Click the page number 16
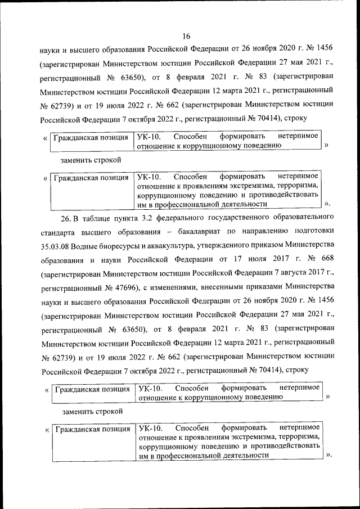click(187, 21)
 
